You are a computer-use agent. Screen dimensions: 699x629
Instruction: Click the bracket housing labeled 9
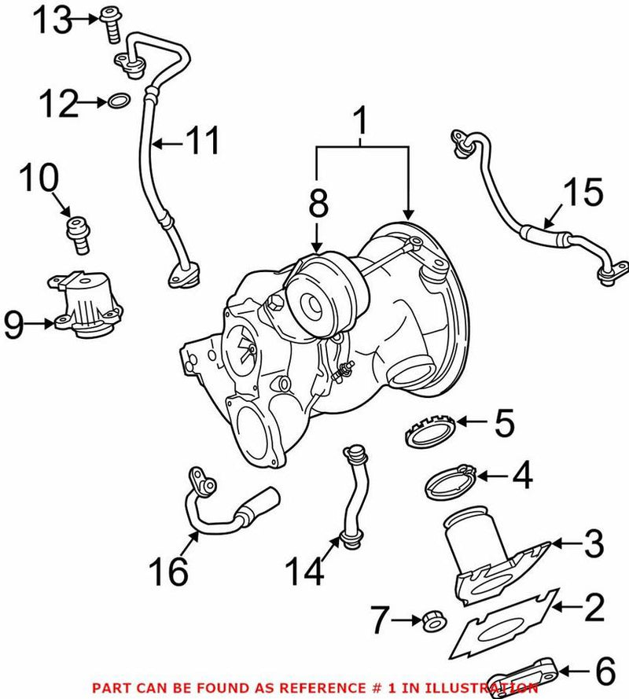click(88, 304)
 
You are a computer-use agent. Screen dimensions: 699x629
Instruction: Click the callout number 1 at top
click(362, 123)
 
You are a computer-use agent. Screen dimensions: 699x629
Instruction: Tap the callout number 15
click(583, 193)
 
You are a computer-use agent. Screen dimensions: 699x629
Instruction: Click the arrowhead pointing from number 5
click(461, 422)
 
